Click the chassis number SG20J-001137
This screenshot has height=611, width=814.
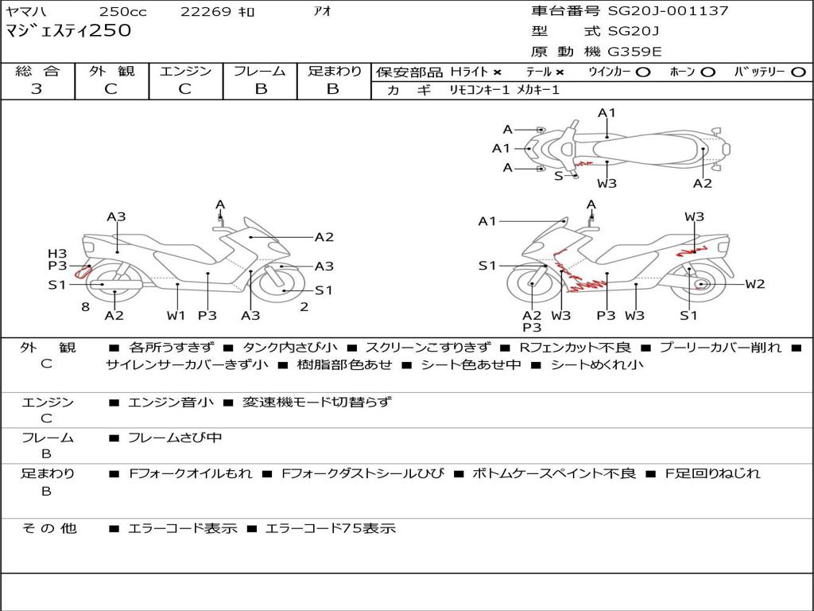(668, 10)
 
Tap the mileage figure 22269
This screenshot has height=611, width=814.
(205, 11)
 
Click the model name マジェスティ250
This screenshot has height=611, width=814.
(68, 30)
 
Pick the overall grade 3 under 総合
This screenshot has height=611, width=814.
(37, 89)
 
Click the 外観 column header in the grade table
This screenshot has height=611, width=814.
(111, 71)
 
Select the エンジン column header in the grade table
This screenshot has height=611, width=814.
(185, 71)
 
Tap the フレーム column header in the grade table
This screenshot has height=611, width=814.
(260, 71)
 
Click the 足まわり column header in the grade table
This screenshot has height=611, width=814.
(334, 71)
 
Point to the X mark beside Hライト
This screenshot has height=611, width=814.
(498, 72)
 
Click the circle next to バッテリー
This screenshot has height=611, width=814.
(798, 72)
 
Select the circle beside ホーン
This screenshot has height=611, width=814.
(707, 72)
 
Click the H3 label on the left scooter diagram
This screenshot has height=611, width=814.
(57, 254)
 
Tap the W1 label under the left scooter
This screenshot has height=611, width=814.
(176, 315)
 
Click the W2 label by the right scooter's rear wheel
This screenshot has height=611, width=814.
(755, 284)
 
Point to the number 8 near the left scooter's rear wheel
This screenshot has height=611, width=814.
(86, 307)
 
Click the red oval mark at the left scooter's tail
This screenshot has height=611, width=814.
(83, 272)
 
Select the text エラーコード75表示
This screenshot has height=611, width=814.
(330, 528)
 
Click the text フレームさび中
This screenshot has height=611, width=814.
(175, 438)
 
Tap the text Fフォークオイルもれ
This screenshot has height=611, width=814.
(191, 474)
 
